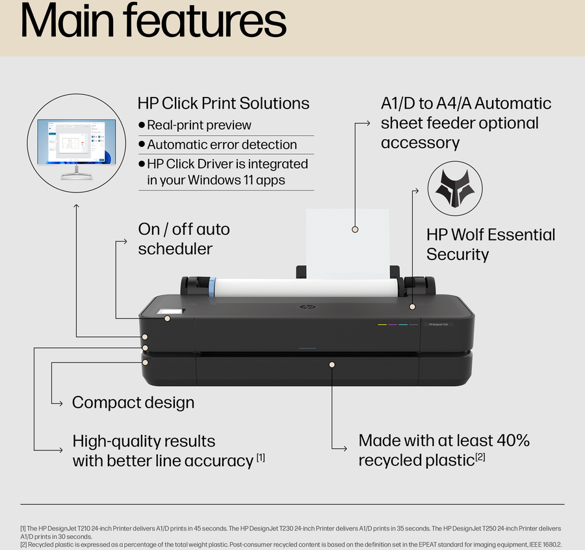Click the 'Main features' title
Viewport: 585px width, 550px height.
[x=153, y=22]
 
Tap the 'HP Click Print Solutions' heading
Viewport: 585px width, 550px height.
[x=223, y=103]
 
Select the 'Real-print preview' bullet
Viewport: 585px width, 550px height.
[x=199, y=125]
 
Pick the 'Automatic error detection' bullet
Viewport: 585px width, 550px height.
[x=222, y=145]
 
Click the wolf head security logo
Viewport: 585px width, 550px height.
[x=454, y=189]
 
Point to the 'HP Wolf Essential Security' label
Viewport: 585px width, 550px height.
[x=491, y=244]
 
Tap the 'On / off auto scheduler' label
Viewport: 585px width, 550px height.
[x=184, y=239]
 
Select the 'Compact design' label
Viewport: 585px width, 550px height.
[x=133, y=402]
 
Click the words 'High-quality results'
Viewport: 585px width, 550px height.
[x=144, y=441]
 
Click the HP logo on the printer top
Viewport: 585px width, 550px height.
[x=304, y=307]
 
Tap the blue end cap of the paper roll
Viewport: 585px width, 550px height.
[x=211, y=286]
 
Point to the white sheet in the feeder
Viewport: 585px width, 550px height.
[x=347, y=241]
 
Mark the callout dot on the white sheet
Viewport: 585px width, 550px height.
[x=355, y=229]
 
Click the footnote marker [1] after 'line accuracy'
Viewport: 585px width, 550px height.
[x=260, y=458]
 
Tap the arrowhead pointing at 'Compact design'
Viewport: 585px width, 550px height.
[x=63, y=402]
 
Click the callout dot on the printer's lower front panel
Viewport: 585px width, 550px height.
[x=331, y=365]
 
